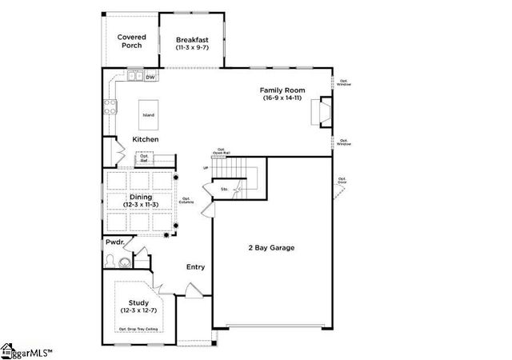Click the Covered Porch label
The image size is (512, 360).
click(x=130, y=41)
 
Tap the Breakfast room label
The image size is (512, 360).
click(x=192, y=39)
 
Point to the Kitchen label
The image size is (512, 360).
click(x=145, y=140)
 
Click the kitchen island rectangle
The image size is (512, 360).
click(x=149, y=115)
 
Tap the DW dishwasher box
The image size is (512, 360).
click(x=150, y=78)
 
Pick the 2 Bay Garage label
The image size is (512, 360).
click(x=270, y=248)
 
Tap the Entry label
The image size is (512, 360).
click(x=196, y=267)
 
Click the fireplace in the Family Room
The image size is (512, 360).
click(x=322, y=113)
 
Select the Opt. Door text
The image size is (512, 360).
click(x=342, y=180)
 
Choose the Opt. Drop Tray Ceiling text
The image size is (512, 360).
click(x=138, y=329)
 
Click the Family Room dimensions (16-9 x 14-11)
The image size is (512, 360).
click(x=282, y=98)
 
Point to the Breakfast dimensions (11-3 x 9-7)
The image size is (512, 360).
click(x=192, y=47)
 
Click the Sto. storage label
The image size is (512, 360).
click(x=214, y=190)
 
